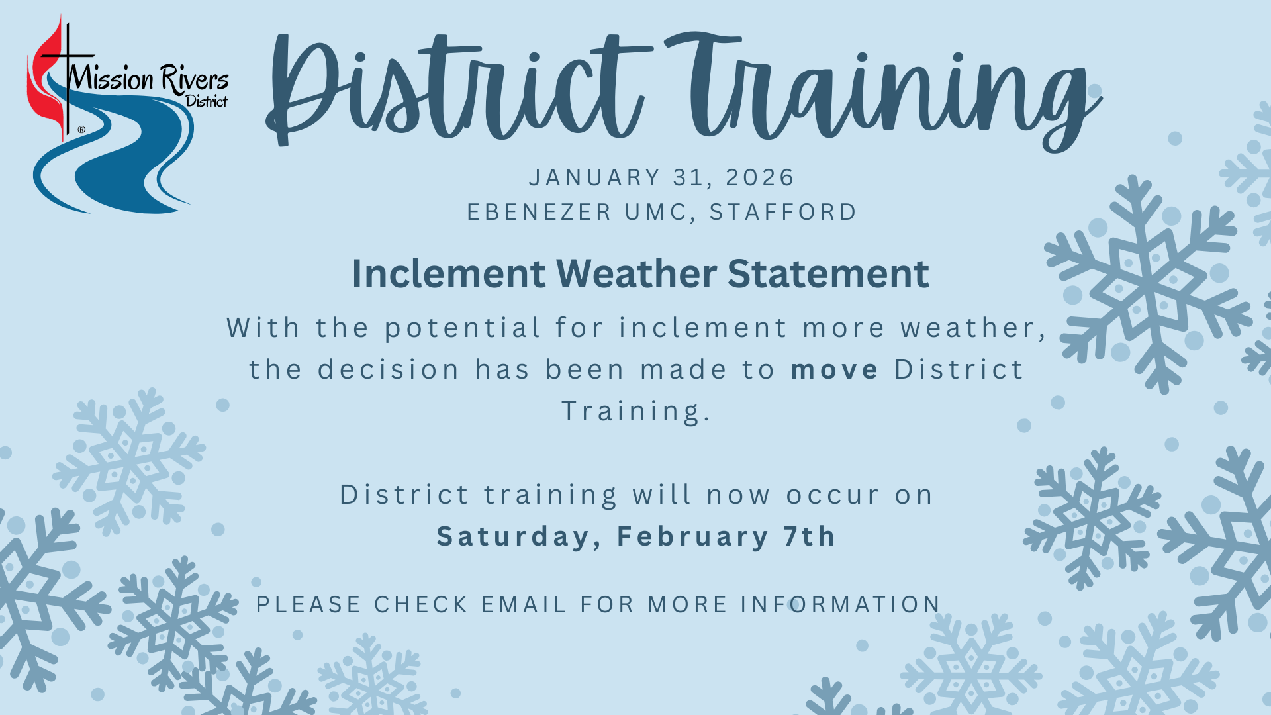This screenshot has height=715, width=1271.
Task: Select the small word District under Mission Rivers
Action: pyautogui.click(x=207, y=101)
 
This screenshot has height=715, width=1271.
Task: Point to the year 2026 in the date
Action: pyautogui.click(x=759, y=177)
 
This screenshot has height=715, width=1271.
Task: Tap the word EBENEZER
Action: pyautogui.click(x=539, y=212)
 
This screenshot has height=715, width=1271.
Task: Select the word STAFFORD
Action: pyautogui.click(x=782, y=212)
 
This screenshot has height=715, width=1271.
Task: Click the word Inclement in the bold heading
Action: pyautogui.click(x=448, y=273)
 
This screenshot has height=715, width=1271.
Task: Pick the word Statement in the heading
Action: pyautogui.click(x=827, y=273)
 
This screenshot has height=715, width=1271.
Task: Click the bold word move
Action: pyautogui.click(x=834, y=369)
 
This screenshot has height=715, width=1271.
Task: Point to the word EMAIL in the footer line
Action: pyautogui.click(x=523, y=604)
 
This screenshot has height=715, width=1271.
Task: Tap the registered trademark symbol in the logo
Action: pyautogui.click(x=81, y=130)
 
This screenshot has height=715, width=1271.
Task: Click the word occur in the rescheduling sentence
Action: pyautogui.click(x=832, y=495)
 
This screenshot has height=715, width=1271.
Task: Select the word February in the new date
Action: pyautogui.click(x=692, y=536)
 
